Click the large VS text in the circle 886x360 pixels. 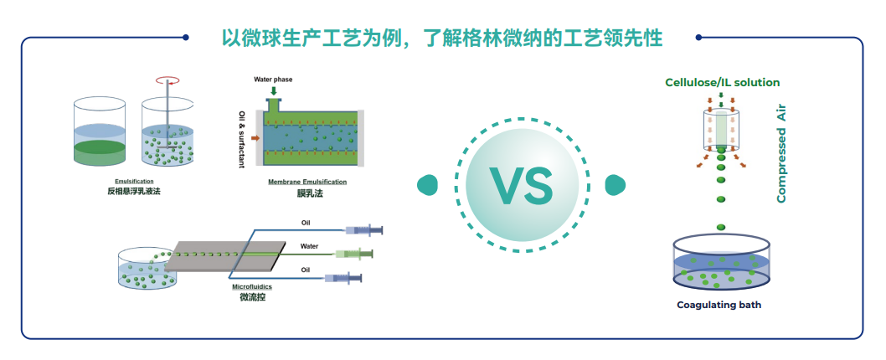point(522,185)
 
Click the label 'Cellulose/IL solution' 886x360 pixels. point(722,83)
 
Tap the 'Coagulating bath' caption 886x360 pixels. point(719,306)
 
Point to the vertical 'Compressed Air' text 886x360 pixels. point(781,153)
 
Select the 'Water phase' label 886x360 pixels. point(273,80)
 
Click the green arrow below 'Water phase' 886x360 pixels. point(274,90)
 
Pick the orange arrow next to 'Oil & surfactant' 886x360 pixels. point(255,137)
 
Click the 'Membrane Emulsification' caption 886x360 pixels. point(307,182)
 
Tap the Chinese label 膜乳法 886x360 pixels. point(308,193)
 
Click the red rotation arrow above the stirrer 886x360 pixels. point(167,80)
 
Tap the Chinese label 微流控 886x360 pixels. point(252,297)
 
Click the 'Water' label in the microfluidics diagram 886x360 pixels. point(309,246)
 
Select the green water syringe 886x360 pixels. point(353,254)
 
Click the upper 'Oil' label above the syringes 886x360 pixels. point(305,223)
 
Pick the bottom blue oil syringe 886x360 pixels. point(343,277)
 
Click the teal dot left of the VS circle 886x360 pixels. point(427,185)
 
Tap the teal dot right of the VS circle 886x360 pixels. point(616,185)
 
